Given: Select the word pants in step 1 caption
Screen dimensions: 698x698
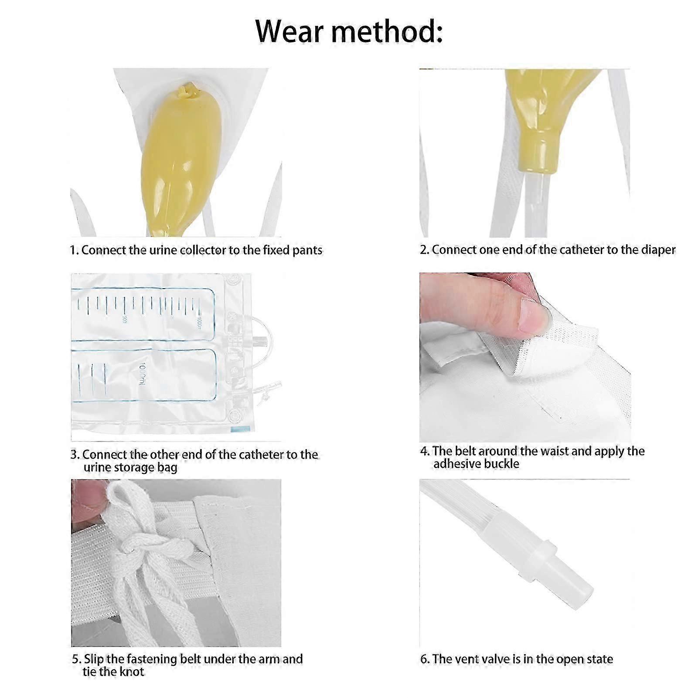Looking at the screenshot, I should point(307,250).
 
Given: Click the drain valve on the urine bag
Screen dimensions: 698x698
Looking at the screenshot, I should point(262,386).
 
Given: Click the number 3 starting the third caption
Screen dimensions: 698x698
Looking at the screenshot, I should point(74,455).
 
